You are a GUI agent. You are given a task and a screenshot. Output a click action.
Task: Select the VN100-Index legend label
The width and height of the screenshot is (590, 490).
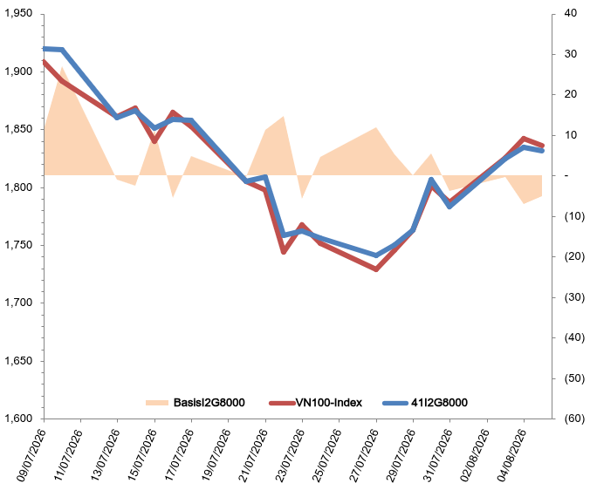[x=328, y=403]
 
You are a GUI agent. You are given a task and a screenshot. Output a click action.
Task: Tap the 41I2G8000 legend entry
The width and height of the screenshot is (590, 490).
[x=439, y=403]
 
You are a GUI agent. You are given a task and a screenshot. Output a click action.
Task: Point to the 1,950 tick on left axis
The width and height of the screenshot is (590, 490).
[x=18, y=14]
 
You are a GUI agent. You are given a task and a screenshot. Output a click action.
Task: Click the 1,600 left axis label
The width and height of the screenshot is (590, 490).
[x=18, y=419]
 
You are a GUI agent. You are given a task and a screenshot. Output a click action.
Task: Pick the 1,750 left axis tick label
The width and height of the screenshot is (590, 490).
[x=18, y=245]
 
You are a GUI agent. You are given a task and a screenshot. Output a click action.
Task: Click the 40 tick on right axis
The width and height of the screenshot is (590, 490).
[x=571, y=13]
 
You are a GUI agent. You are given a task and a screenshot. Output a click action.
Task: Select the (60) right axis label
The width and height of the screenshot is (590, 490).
[x=574, y=419]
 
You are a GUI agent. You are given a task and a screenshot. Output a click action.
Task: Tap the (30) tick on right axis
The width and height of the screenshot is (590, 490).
[x=574, y=297]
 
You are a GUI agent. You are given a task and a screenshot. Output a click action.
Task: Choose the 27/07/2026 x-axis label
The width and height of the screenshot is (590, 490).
[x=363, y=454]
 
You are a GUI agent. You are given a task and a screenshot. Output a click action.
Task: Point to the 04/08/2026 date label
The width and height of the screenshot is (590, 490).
[x=511, y=454]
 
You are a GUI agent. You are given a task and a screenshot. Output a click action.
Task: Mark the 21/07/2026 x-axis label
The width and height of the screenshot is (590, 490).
[x=253, y=454]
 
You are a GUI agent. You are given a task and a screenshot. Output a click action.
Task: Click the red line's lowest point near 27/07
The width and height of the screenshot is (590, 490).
[x=376, y=269]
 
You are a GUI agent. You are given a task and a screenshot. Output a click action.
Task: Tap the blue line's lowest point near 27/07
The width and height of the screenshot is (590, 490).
[x=376, y=255]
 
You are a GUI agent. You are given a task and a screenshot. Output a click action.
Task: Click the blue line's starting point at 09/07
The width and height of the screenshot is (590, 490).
[x=45, y=49]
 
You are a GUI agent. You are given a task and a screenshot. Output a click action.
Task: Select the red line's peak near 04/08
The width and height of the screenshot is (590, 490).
[x=524, y=139]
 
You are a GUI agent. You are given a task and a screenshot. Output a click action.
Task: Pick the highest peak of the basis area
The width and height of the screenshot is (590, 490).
[x=62, y=67]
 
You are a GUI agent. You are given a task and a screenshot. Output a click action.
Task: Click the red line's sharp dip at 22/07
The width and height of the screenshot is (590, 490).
[x=284, y=252]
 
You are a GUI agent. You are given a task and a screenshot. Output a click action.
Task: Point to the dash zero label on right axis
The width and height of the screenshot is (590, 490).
[x=566, y=175]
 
